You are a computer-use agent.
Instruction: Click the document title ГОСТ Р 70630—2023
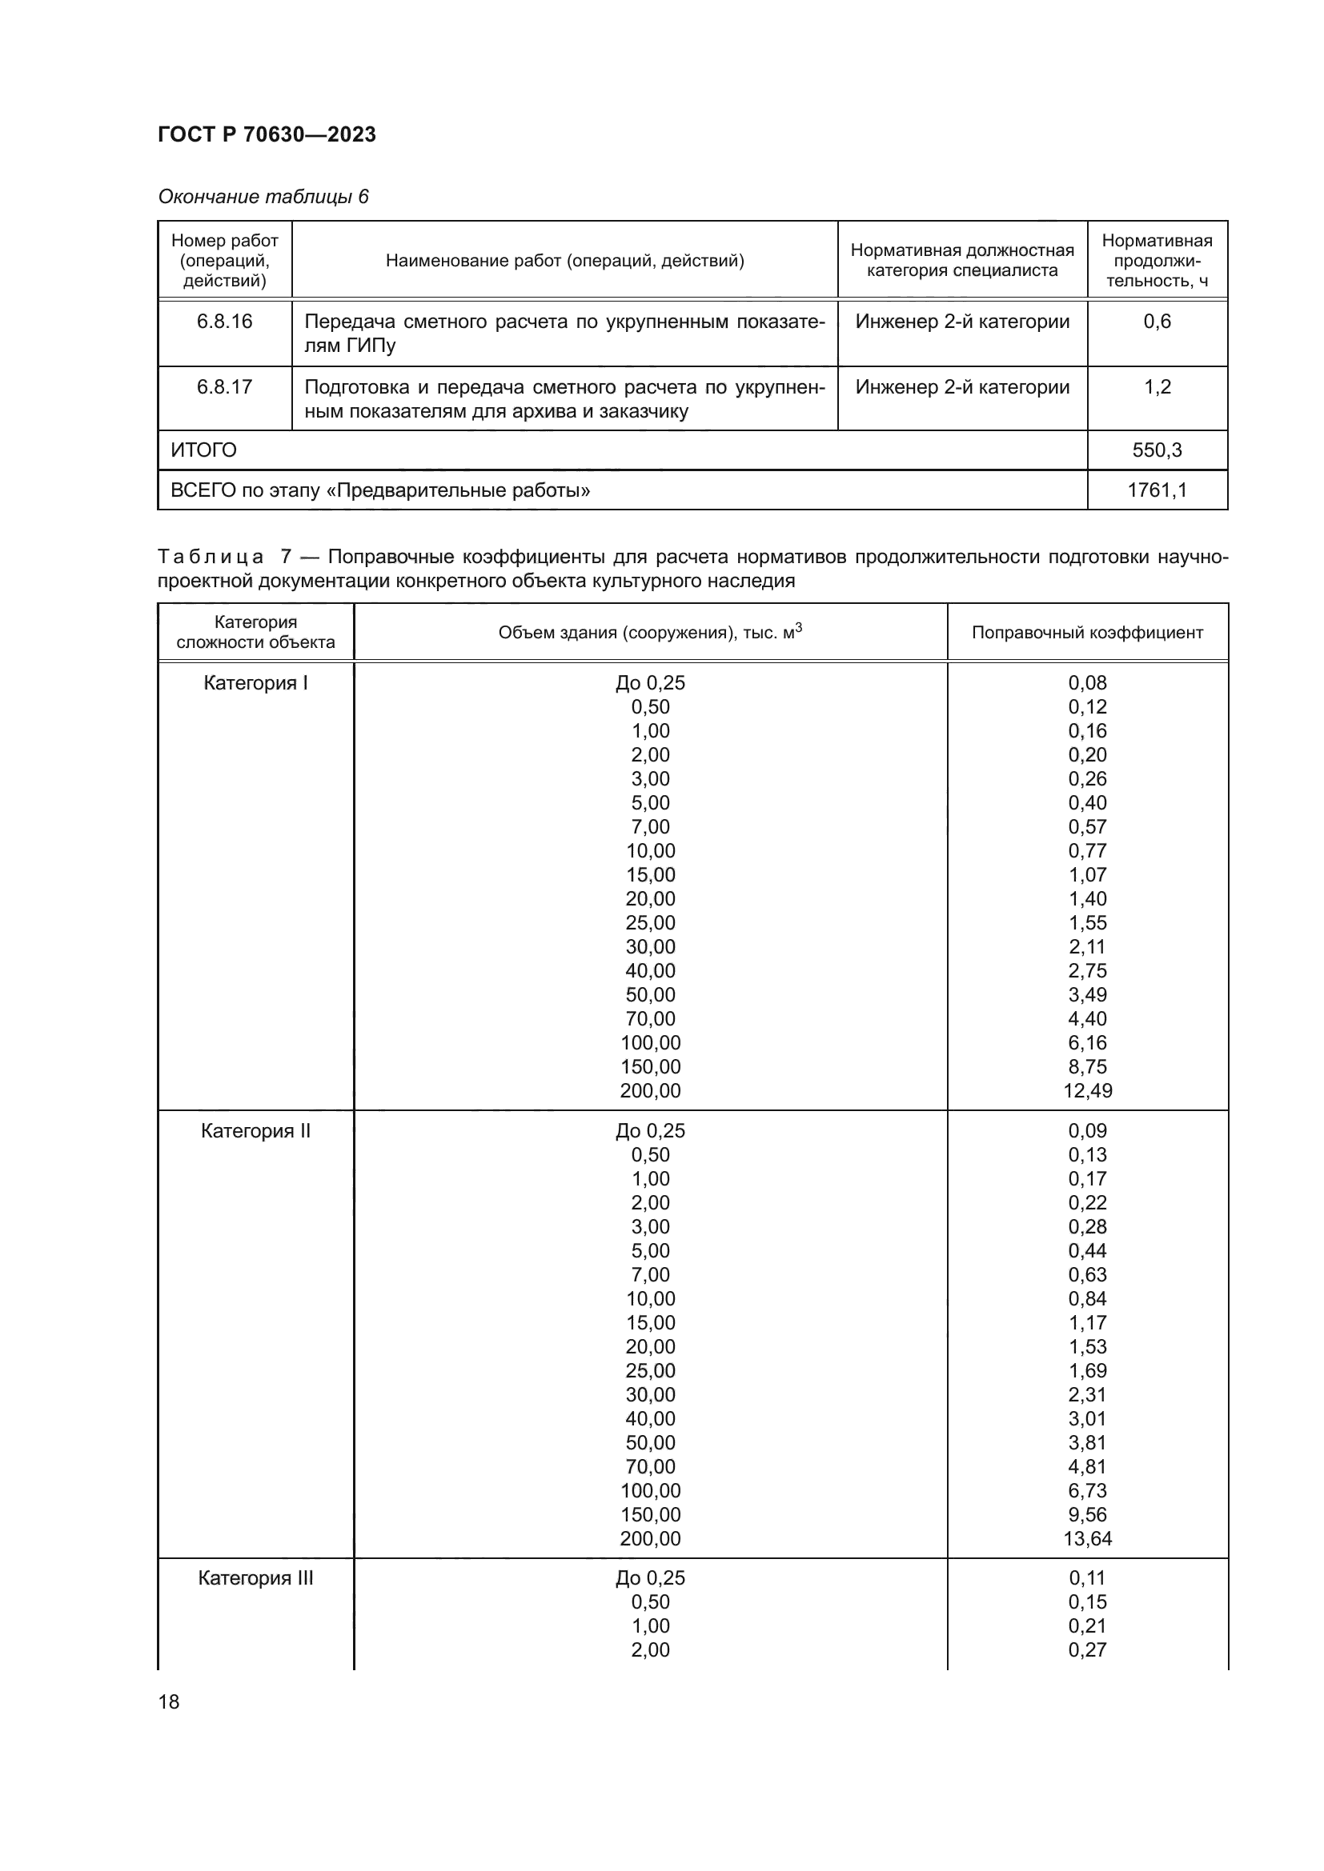pos(267,134)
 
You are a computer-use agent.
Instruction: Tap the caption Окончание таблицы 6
pos(263,197)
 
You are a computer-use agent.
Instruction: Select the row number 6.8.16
pos(224,321)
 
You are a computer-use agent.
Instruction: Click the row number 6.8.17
pos(224,386)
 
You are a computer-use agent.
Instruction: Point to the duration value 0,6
pos(1156,321)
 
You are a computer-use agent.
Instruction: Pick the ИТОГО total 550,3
pos(1156,450)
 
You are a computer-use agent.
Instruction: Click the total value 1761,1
pos(1156,490)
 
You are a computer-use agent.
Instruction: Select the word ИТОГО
pos(203,450)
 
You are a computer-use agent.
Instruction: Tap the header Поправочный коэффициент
pos(1087,633)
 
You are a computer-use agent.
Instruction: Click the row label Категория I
pos(255,683)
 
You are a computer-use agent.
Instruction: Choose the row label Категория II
pos(255,1130)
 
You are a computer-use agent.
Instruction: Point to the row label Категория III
pos(255,1577)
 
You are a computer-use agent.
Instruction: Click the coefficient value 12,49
pos(1087,1090)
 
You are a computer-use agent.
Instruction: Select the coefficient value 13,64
pos(1087,1538)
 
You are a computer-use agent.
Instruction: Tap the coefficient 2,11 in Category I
pos(1087,946)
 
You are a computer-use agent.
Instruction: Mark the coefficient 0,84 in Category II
pos(1087,1298)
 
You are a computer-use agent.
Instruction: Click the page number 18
pos(169,1701)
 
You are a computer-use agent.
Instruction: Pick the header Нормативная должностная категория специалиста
pos(962,260)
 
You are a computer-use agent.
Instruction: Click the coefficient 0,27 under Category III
pos(1087,1649)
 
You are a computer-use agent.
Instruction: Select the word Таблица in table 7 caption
pos(211,557)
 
